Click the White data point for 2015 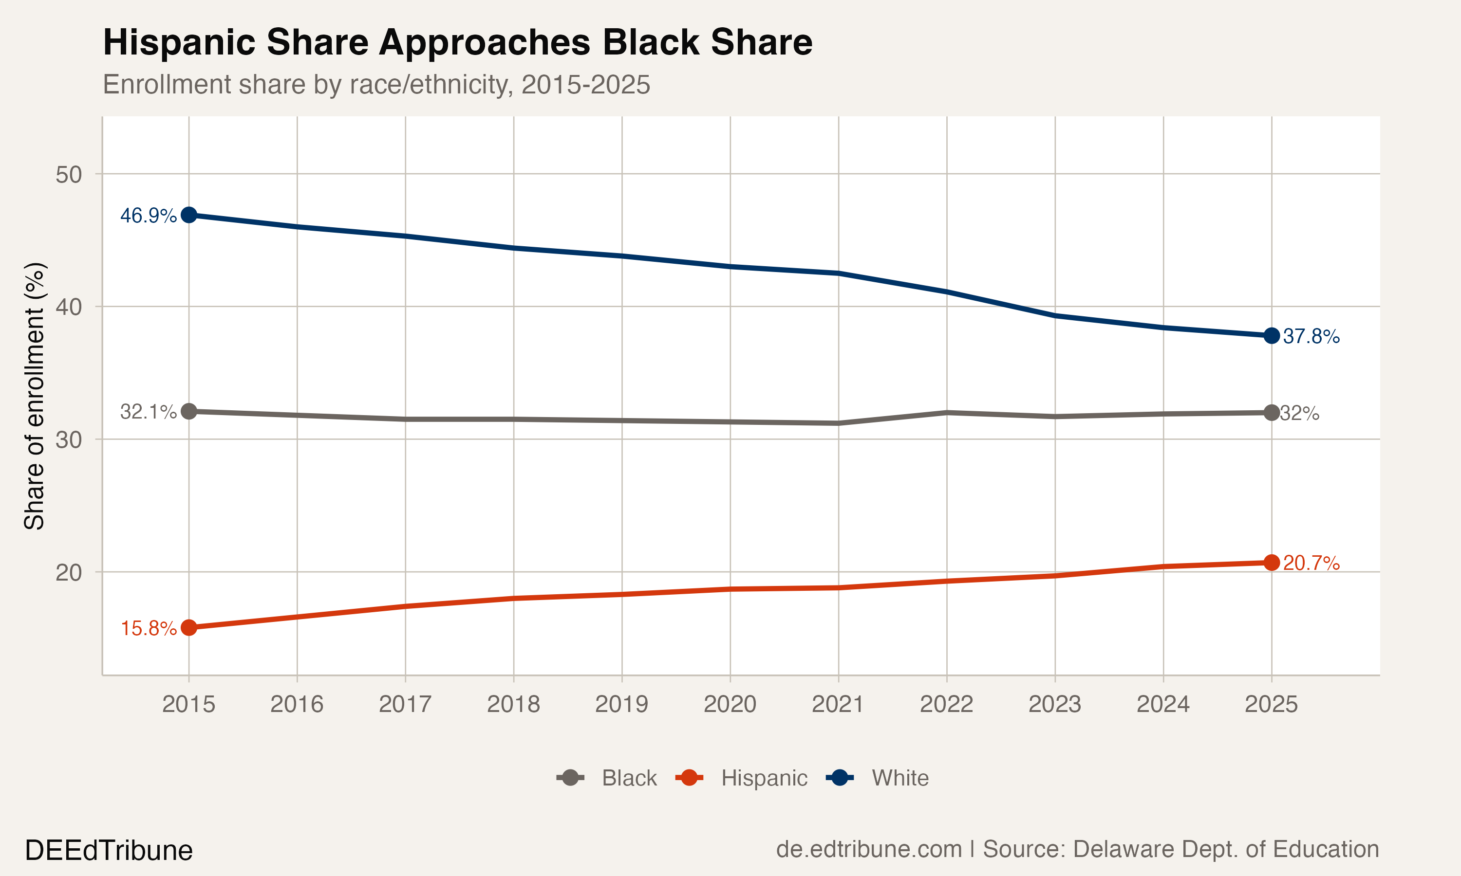(188, 215)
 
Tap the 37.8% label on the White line (1311, 336)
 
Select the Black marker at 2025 (1272, 413)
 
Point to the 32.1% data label (148, 412)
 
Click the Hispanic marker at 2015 (188, 627)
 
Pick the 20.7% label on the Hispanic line (1311, 563)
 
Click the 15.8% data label (148, 629)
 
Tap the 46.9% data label (148, 216)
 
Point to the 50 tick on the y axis (69, 175)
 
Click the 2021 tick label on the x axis (838, 704)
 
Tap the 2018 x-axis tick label (513, 704)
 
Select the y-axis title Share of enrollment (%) (34, 396)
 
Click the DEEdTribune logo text (109, 851)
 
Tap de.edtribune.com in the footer (868, 849)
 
